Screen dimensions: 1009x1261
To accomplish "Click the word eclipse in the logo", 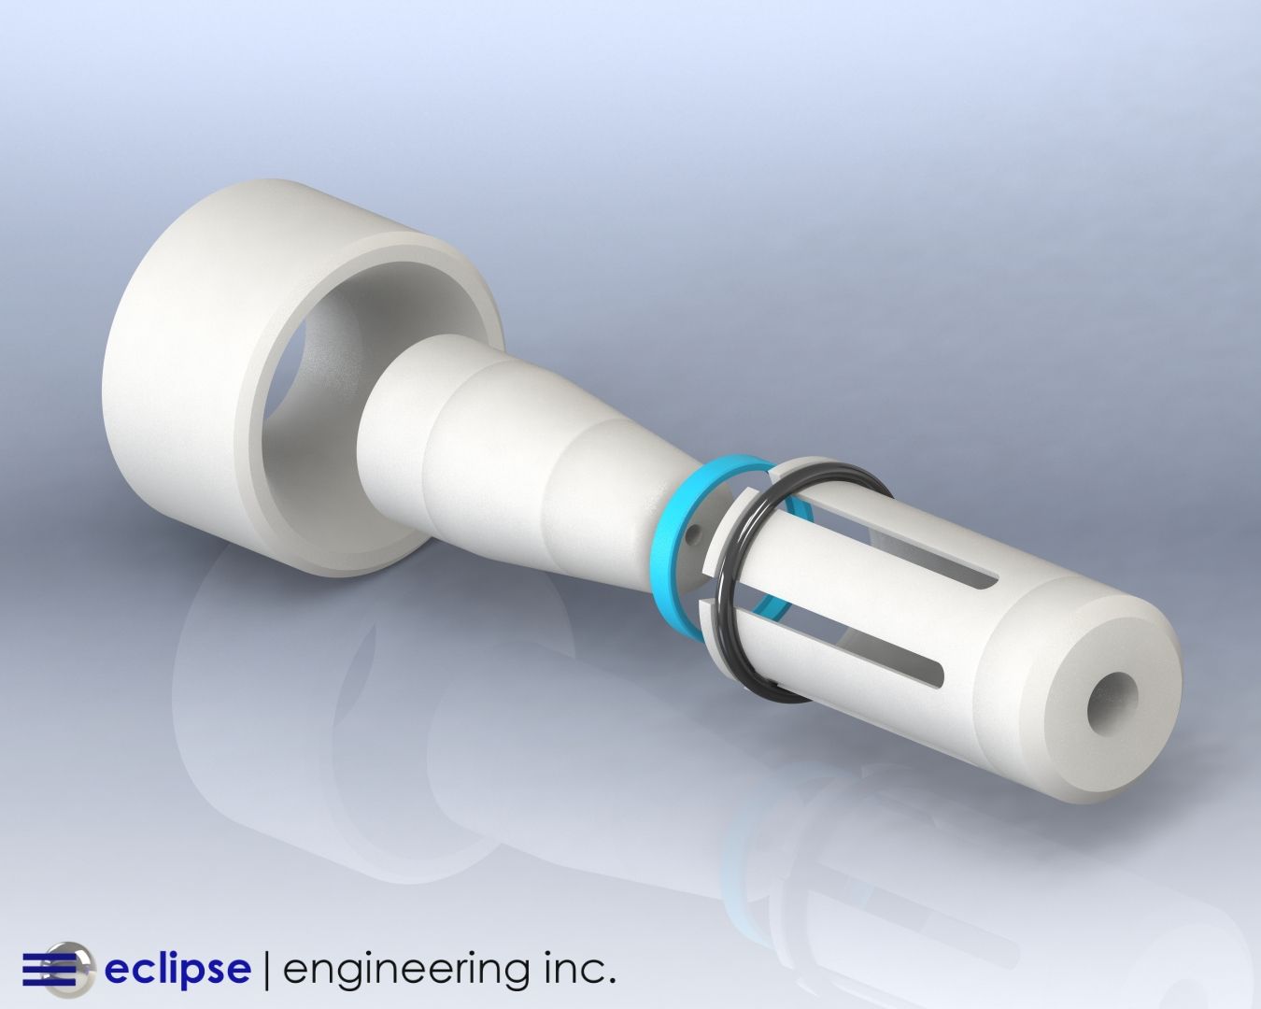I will click(x=177, y=968).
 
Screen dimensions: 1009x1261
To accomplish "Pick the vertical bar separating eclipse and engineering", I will click(x=267, y=969).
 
